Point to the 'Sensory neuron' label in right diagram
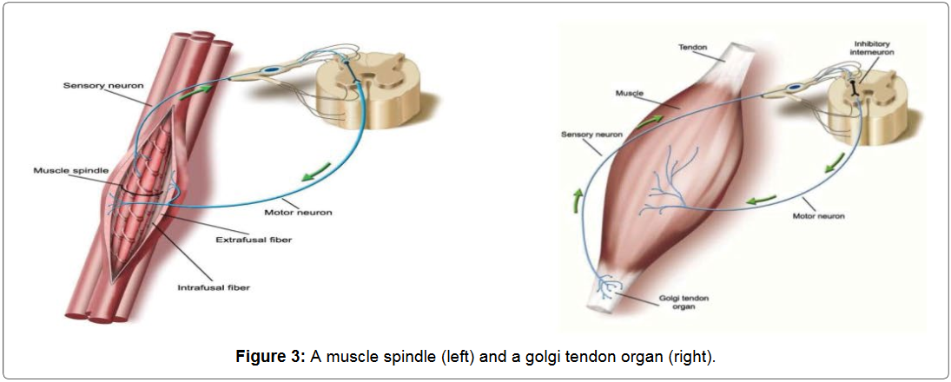593,135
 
